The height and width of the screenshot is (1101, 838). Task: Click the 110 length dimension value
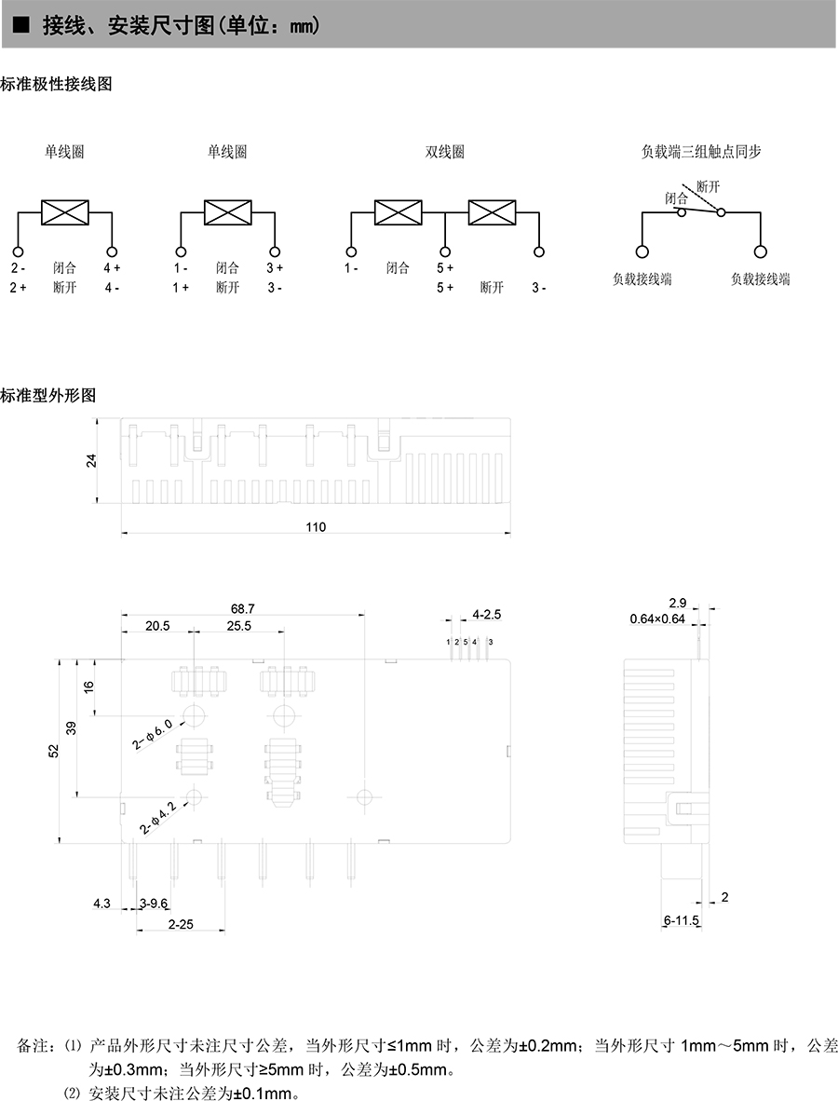316,526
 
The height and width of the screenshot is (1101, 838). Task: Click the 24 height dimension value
92,461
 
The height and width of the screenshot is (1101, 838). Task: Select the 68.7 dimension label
243,609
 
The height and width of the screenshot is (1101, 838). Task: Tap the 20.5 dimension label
157,626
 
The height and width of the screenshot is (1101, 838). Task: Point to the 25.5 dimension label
238,626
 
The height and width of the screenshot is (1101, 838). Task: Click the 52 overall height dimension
54,751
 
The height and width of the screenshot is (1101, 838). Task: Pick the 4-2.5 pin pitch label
486,615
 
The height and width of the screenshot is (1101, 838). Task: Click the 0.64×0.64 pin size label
657,618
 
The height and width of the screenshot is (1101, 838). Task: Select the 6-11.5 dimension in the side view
682,920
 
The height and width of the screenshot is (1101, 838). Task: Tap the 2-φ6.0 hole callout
153,734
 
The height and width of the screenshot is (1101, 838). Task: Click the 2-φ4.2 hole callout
158,818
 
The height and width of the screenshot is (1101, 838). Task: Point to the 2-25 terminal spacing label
181,924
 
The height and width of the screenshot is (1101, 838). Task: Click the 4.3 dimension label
101,903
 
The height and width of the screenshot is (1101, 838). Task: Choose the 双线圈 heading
444,152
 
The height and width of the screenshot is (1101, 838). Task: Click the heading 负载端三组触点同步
700,151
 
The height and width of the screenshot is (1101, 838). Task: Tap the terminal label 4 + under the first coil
112,267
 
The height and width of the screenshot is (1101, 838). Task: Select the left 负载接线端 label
642,279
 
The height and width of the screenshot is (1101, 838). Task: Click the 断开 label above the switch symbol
708,186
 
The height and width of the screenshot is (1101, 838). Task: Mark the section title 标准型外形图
48,395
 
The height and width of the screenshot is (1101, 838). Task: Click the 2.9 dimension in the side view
677,604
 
